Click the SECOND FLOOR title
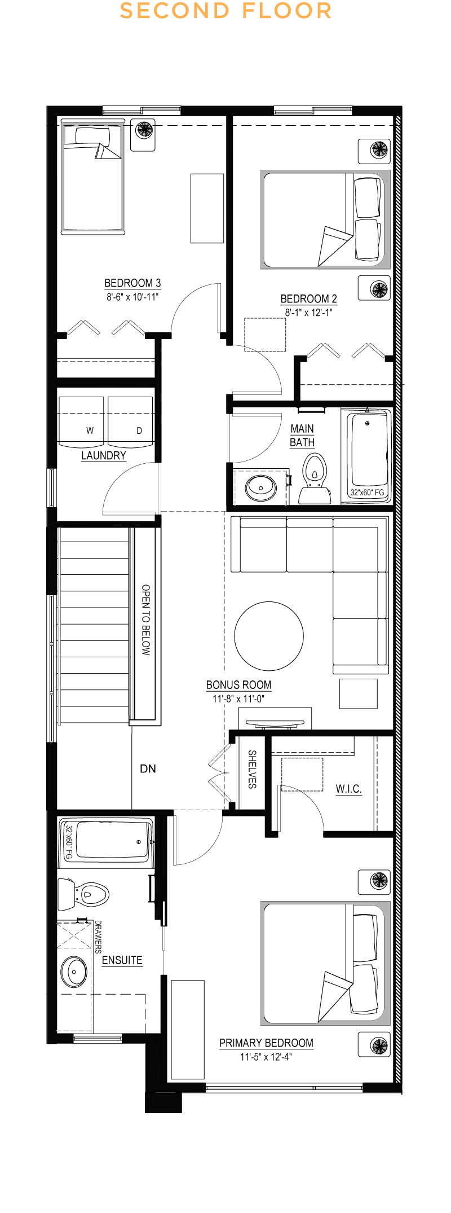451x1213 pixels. [225, 11]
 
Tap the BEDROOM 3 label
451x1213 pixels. [132, 283]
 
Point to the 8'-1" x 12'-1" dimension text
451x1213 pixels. [308, 313]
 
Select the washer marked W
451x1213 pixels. [81, 422]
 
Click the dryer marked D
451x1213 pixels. [130, 422]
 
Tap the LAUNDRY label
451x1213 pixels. [104, 456]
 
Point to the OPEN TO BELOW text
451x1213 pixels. [146, 619]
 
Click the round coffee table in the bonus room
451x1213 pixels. [269, 636]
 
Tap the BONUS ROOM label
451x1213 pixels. [238, 685]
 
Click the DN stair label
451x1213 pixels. [148, 768]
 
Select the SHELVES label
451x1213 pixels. [252, 769]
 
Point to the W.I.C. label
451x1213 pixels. [348, 789]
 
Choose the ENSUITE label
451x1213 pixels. [122, 960]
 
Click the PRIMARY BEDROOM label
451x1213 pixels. [266, 1043]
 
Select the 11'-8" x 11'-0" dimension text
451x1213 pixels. [238, 698]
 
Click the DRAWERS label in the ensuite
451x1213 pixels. [98, 937]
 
